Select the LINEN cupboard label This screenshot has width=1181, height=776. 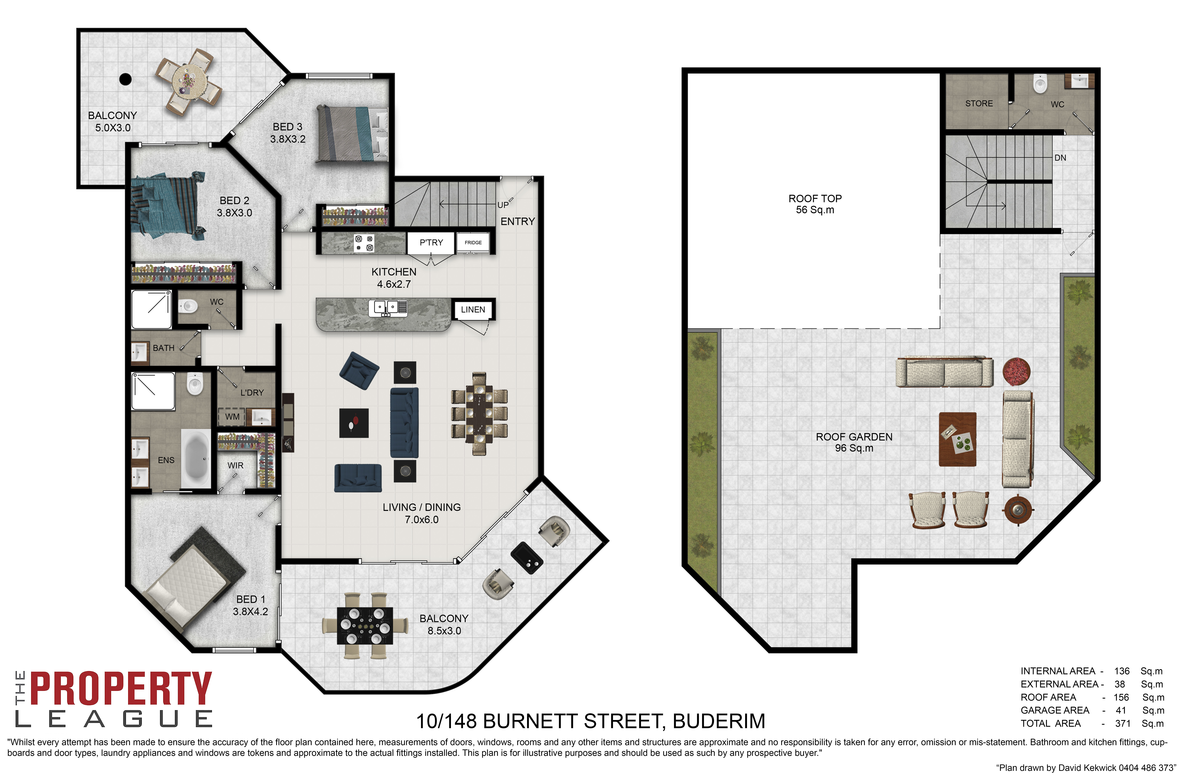[x=473, y=310]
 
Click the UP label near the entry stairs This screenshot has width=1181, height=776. [x=503, y=205]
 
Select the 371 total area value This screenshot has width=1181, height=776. [x=1122, y=723]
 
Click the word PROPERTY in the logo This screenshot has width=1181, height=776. [x=121, y=688]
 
